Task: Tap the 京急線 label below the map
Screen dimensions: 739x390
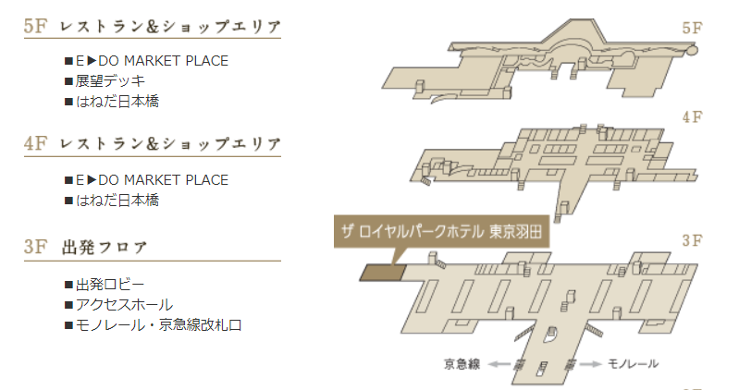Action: click(462, 363)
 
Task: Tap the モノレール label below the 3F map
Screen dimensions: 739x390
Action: click(633, 363)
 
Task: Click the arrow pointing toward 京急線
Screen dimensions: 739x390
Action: click(500, 364)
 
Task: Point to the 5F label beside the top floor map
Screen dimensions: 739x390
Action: click(692, 28)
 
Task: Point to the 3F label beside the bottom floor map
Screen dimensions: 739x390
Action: click(692, 241)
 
